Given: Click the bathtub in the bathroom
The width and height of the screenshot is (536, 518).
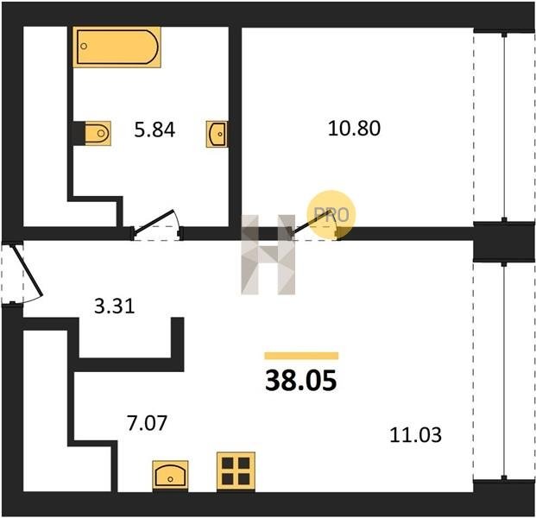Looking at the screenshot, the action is pyautogui.click(x=117, y=47).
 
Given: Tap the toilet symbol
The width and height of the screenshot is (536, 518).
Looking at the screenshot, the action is pyautogui.click(x=98, y=133).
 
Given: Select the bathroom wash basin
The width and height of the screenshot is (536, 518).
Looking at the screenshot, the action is pyautogui.click(x=217, y=134).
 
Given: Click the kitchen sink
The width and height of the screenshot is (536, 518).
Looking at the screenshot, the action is pyautogui.click(x=170, y=476).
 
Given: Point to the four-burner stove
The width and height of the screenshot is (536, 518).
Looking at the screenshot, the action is pyautogui.click(x=236, y=471).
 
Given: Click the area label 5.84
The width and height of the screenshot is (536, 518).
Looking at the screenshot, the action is pyautogui.click(x=154, y=129).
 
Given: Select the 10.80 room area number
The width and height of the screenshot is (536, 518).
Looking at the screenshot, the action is pyautogui.click(x=354, y=129).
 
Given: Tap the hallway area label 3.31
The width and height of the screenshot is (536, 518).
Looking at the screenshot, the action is pyautogui.click(x=115, y=306).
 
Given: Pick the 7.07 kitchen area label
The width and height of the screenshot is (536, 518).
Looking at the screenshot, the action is pyautogui.click(x=147, y=423).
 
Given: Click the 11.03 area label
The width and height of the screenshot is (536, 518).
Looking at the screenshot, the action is pyautogui.click(x=415, y=435).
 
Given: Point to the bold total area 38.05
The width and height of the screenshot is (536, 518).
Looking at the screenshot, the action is pyautogui.click(x=301, y=381).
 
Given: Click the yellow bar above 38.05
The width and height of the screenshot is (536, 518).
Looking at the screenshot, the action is pyautogui.click(x=301, y=356).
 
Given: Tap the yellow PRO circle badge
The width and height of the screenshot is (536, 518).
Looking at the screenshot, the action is pyautogui.click(x=331, y=214).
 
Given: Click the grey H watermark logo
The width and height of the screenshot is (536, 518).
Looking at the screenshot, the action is pyautogui.click(x=268, y=255).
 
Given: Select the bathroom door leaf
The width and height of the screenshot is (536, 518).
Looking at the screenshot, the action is pyautogui.click(x=154, y=222).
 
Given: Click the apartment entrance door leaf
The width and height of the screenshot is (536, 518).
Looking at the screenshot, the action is pyautogui.click(x=28, y=270).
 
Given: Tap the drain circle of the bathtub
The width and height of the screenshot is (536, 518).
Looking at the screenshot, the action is pyautogui.click(x=84, y=46).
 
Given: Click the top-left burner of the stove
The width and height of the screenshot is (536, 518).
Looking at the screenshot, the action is pyautogui.click(x=228, y=464).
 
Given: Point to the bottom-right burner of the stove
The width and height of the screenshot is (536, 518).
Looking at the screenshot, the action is pyautogui.click(x=243, y=479).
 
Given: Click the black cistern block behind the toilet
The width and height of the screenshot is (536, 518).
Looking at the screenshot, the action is pyautogui.click(x=79, y=133).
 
